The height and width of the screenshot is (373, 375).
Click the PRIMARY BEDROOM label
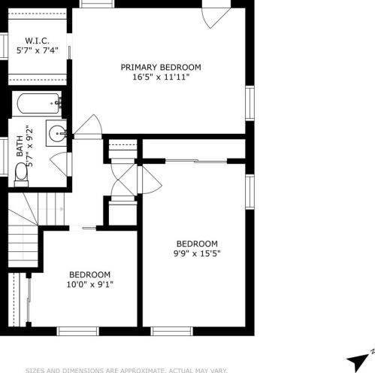click(x=161, y=67)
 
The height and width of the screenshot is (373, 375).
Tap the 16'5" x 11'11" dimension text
click(x=161, y=77)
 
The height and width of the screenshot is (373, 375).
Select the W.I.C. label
click(x=37, y=41)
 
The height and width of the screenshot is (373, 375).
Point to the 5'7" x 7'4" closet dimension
click(x=38, y=50)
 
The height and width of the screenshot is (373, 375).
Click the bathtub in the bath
click(x=39, y=103)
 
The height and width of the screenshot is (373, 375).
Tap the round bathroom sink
click(x=57, y=133)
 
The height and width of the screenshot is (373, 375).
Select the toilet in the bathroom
click(x=21, y=174)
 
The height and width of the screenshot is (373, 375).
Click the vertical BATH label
click(x=20, y=146)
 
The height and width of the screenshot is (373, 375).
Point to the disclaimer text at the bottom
click(x=126, y=370)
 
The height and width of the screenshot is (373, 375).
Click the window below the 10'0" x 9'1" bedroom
click(x=78, y=331)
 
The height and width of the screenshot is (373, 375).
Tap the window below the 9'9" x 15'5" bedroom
click(x=172, y=331)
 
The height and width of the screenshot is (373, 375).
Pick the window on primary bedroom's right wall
click(x=249, y=103)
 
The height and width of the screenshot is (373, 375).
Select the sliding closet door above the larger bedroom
click(x=196, y=161)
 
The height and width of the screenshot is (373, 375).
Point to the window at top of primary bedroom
click(x=97, y=4)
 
